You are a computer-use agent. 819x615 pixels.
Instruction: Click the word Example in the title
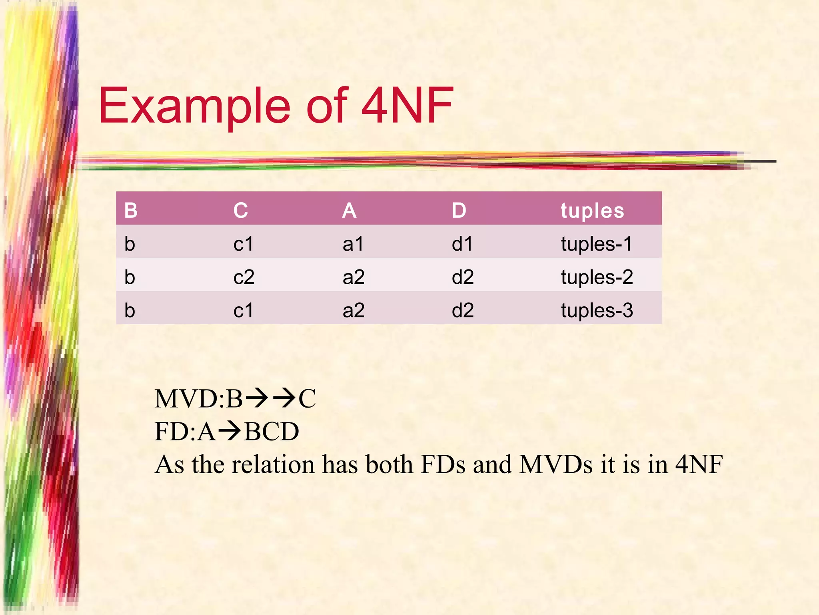pyautogui.click(x=194, y=106)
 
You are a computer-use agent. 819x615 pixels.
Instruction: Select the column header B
pyautogui.click(x=131, y=210)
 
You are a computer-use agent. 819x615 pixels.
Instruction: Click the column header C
pyautogui.click(x=240, y=210)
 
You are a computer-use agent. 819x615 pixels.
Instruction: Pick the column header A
pyautogui.click(x=349, y=210)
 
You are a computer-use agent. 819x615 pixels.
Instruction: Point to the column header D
pyautogui.click(x=459, y=210)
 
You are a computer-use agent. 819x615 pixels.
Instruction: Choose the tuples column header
pyautogui.click(x=592, y=211)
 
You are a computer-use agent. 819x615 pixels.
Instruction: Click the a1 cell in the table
pyautogui.click(x=353, y=243)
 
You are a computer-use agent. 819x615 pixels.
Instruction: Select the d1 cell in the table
pyautogui.click(x=462, y=243)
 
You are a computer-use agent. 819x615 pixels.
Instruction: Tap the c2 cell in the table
pyautogui.click(x=244, y=277)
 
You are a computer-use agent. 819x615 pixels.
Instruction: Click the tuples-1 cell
pyautogui.click(x=596, y=243)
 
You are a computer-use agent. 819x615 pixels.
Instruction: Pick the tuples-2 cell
pyautogui.click(x=597, y=277)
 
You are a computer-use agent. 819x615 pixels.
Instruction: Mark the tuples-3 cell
pyautogui.click(x=597, y=310)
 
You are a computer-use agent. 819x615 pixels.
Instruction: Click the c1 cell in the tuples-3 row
pyautogui.click(x=243, y=310)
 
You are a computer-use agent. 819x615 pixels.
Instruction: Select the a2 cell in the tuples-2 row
pyautogui.click(x=354, y=277)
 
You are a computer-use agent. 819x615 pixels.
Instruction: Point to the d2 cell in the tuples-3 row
pyautogui.click(x=463, y=310)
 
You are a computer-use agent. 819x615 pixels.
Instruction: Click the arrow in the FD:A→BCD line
pyautogui.click(x=230, y=431)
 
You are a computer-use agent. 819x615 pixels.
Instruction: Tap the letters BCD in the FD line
pyautogui.click(x=272, y=431)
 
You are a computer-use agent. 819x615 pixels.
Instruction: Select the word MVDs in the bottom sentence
pyautogui.click(x=555, y=464)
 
